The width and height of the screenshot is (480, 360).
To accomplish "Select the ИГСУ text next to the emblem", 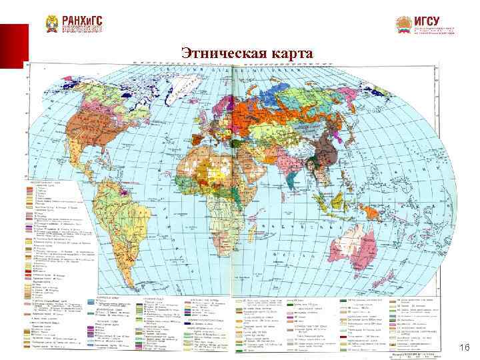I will coord(427,21).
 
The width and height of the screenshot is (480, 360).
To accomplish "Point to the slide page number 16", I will coord(465,349).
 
